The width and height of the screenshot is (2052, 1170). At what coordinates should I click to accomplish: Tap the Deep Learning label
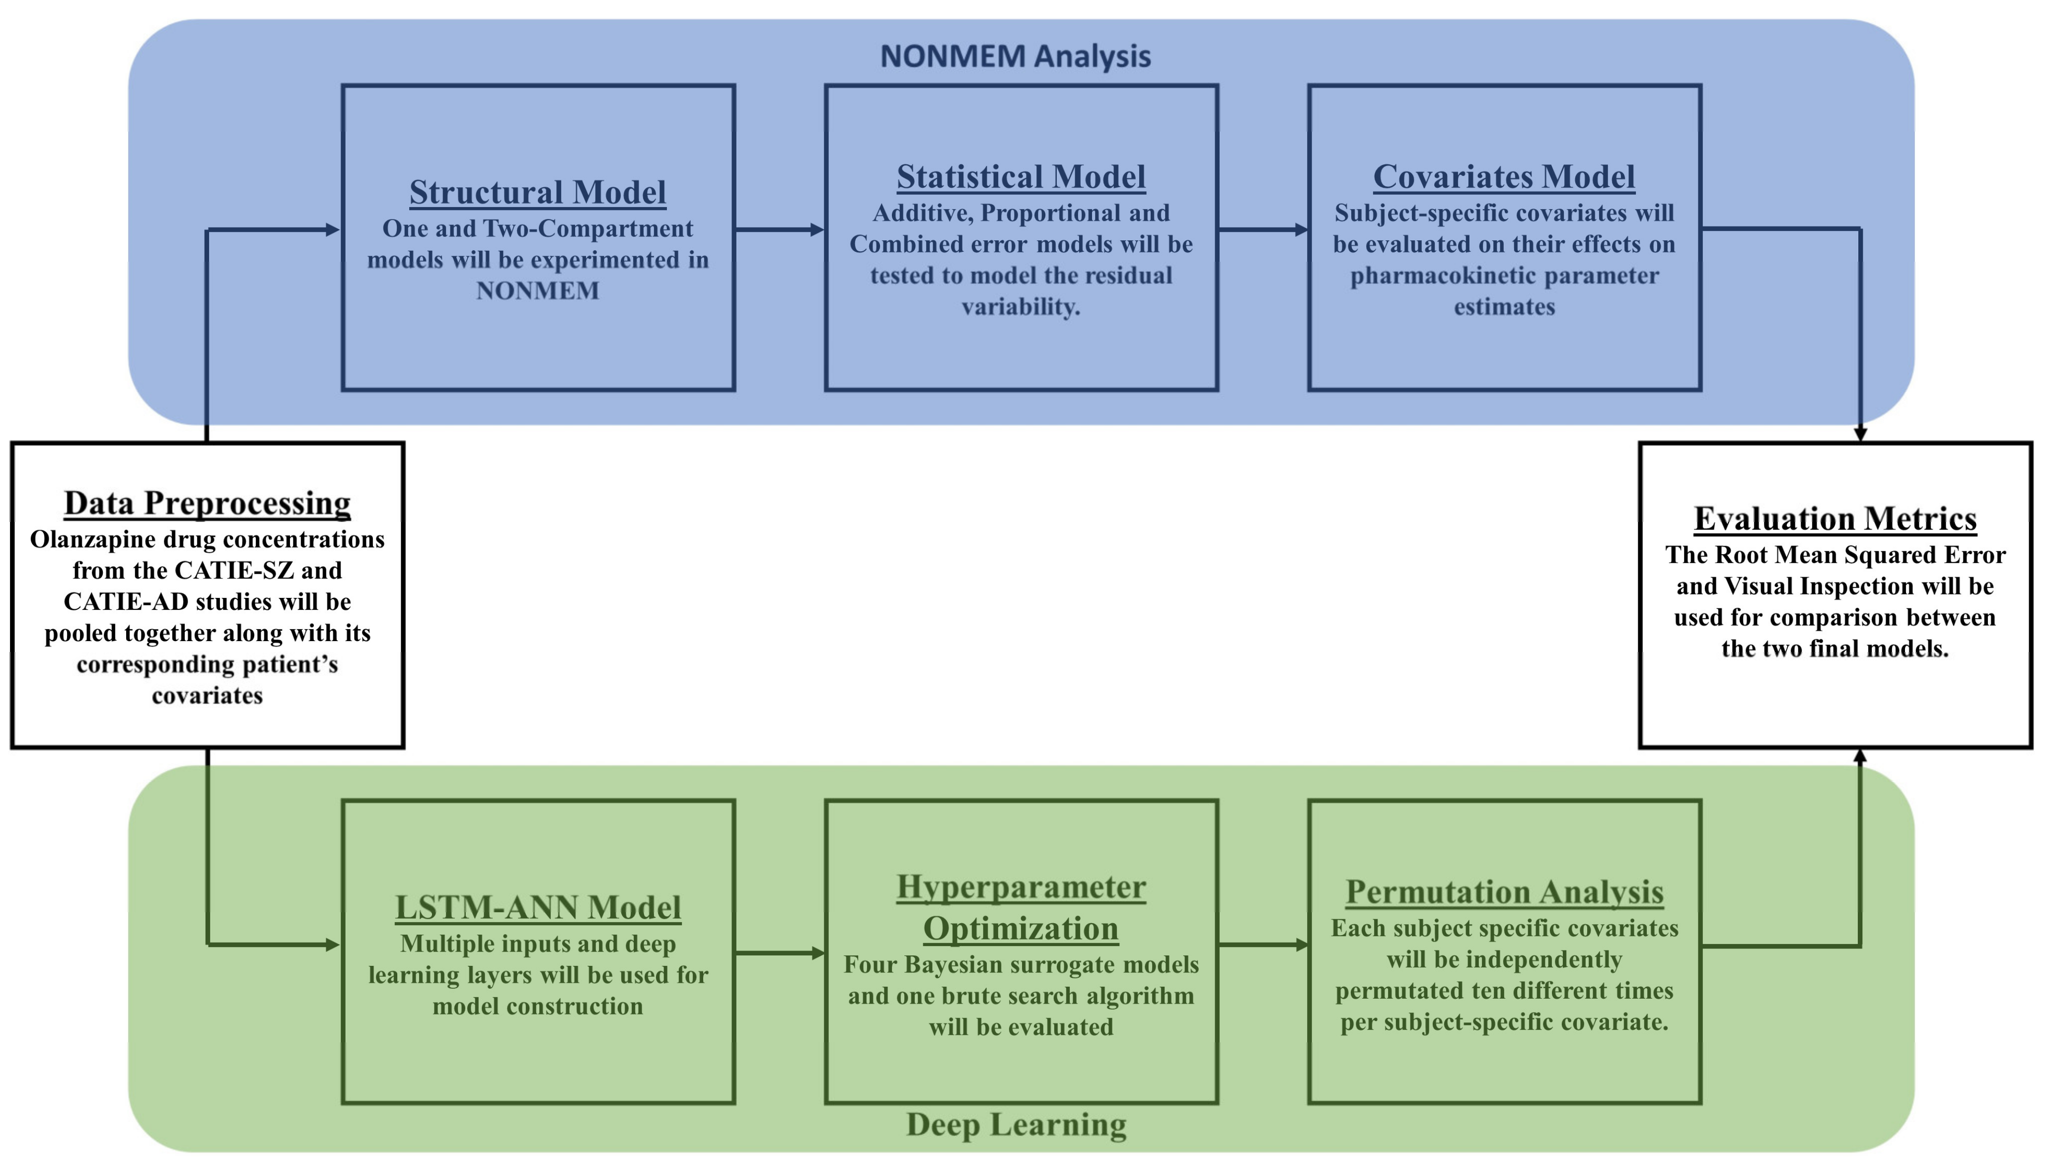coord(1016,1124)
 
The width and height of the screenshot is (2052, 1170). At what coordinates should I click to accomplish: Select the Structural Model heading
coord(537,192)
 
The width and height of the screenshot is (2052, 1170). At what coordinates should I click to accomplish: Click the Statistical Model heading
coord(1021,177)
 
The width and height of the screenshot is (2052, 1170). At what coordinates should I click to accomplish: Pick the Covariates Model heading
coord(1503,177)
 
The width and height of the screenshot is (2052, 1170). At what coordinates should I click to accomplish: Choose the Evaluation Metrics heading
coord(1835,519)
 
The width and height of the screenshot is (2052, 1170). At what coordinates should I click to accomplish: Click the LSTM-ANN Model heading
coord(537,907)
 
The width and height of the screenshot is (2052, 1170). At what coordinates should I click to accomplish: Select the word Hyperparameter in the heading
coord(1021,887)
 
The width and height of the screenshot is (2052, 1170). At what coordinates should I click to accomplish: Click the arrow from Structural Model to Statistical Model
coord(779,230)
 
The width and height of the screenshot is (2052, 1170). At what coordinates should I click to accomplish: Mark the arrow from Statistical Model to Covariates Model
coord(1262,230)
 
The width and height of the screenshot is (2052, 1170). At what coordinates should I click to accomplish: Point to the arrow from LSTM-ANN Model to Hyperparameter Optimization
coord(779,953)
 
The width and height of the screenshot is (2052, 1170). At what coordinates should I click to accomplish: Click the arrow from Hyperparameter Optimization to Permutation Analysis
coord(1262,945)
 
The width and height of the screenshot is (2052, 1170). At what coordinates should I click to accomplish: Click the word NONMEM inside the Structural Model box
coord(537,291)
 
